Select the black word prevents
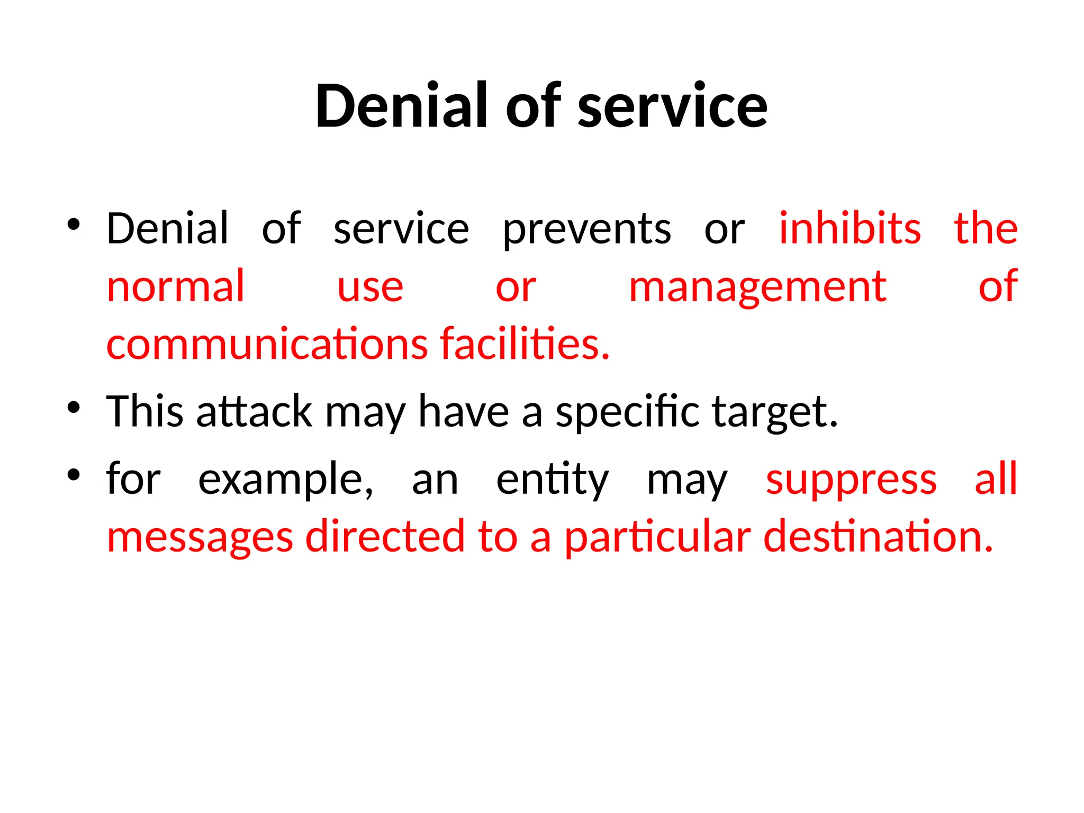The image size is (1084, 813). [x=586, y=229]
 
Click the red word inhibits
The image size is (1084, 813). [x=850, y=228]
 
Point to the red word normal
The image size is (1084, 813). [x=176, y=286]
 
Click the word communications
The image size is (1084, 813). [x=267, y=344]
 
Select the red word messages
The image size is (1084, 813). [x=200, y=538]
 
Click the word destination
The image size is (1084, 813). [x=878, y=537]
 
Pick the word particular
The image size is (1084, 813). [x=657, y=538]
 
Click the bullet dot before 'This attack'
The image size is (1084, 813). [x=74, y=408]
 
